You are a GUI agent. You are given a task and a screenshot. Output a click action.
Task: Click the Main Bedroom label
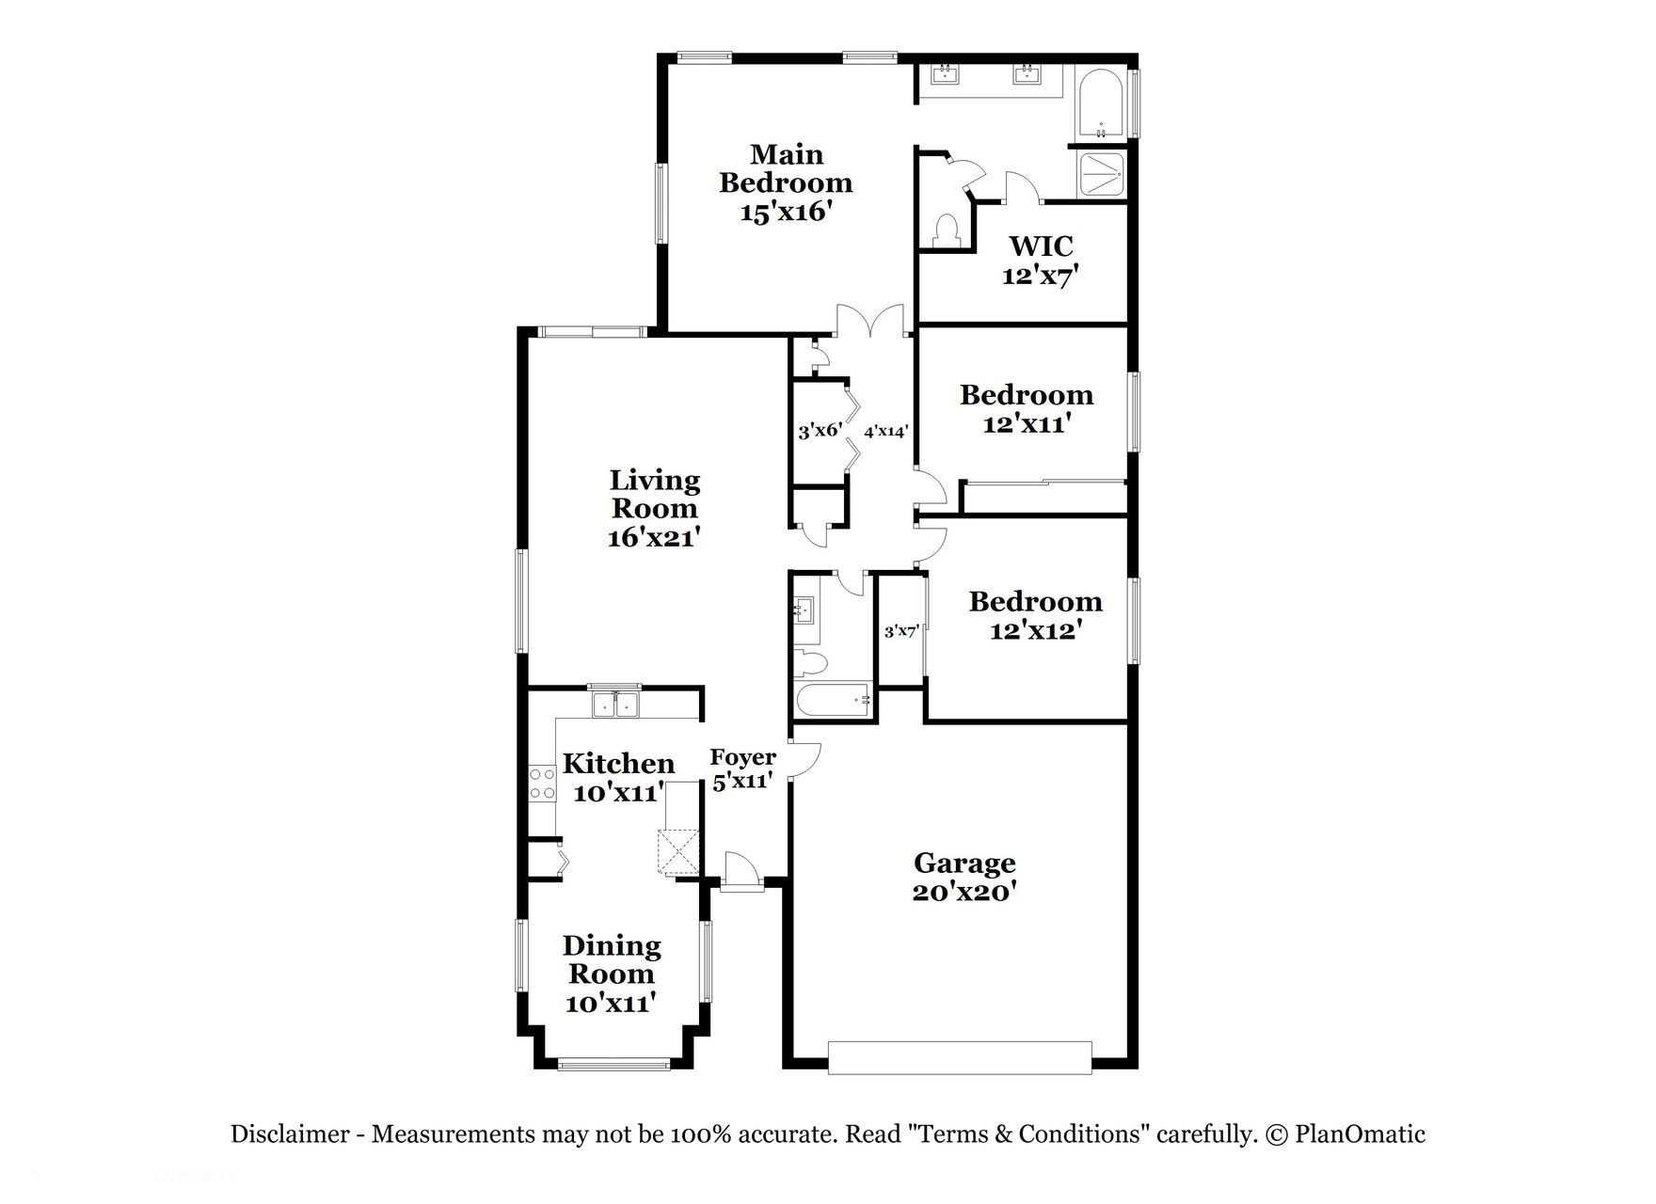point(786,168)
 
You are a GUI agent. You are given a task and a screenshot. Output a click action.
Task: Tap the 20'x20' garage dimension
point(963,892)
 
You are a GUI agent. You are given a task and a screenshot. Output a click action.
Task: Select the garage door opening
point(960,1057)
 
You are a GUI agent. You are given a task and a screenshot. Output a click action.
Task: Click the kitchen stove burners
point(542,784)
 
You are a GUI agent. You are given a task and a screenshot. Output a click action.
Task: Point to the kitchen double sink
point(614,705)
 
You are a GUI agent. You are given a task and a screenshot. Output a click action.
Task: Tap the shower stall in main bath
point(1101,174)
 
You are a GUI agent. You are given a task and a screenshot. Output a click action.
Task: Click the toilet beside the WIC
point(945,230)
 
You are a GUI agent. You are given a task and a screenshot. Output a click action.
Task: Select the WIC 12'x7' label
point(1040,261)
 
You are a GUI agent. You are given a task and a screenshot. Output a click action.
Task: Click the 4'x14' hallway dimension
point(885,432)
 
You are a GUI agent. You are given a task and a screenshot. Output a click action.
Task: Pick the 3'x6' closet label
point(820,431)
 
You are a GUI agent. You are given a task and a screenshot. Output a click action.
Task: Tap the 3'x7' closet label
point(900,631)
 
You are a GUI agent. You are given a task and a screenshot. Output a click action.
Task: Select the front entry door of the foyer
point(741,871)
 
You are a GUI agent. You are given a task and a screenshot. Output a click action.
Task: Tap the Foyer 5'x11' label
point(742,768)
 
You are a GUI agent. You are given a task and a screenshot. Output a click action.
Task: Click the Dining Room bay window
point(613,1065)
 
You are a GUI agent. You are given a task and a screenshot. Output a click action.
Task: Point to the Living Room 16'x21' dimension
point(654,538)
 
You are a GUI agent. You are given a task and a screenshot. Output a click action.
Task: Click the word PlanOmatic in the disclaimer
point(1360,1134)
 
